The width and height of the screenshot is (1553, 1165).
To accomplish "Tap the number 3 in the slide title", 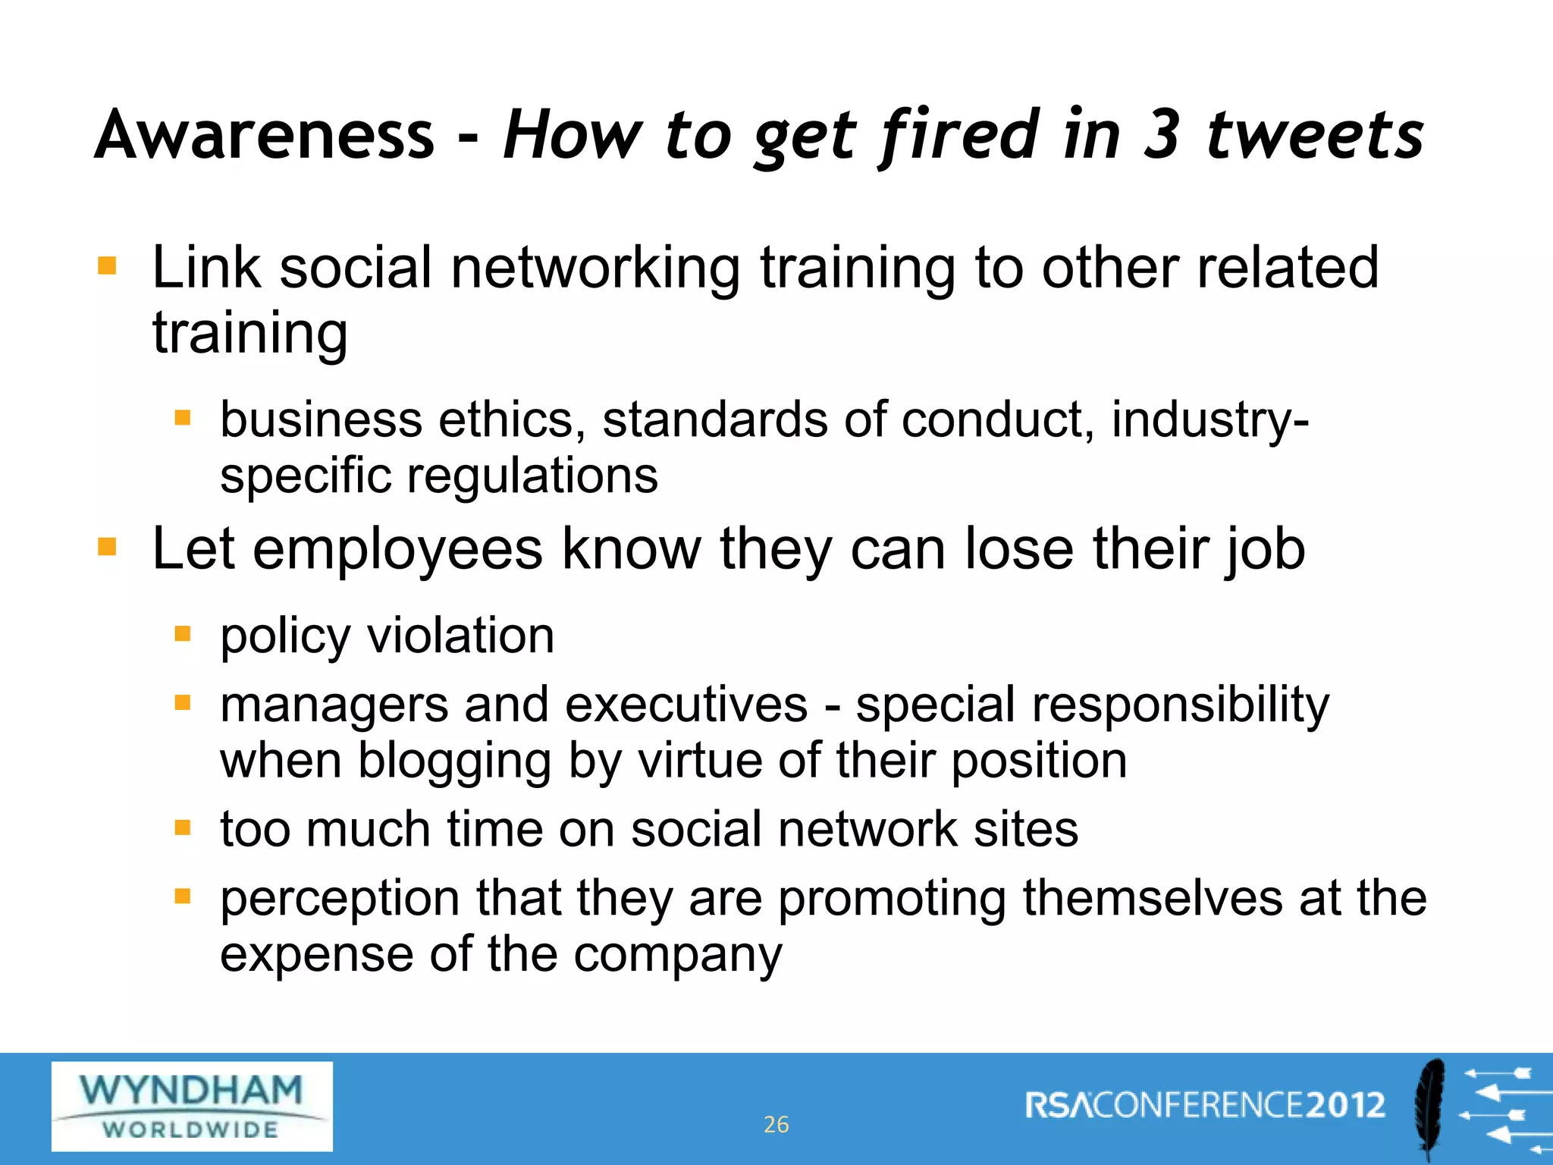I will point(1162,135).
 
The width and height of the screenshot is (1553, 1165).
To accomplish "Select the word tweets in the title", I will point(1315,135).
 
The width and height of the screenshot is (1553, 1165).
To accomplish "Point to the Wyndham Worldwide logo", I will point(192,1106).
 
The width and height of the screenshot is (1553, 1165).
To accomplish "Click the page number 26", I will point(776,1124).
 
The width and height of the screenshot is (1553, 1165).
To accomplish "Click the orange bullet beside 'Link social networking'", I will point(107,265).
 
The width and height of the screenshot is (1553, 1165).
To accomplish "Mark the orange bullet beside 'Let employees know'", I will point(107,546).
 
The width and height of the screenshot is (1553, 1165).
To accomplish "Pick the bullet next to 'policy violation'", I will point(182,633).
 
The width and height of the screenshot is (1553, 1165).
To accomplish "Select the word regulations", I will point(532,476).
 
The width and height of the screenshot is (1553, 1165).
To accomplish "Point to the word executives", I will point(686,704).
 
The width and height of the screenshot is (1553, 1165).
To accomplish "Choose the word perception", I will point(340,899).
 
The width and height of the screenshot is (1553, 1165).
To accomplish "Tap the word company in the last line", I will point(677,955).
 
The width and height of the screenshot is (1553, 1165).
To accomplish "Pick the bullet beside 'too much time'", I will point(182,827).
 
